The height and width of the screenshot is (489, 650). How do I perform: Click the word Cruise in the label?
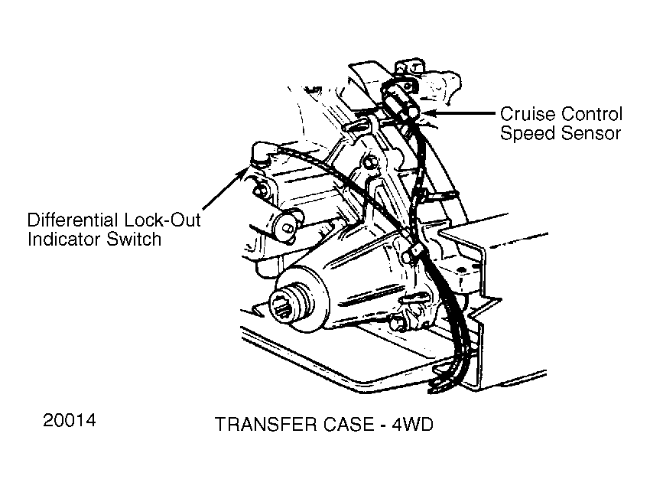[x=525, y=114]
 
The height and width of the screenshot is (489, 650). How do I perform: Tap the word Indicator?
[x=63, y=240]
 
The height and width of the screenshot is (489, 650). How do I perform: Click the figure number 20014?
[x=70, y=420]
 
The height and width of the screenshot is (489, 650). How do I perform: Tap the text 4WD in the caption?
[x=412, y=424]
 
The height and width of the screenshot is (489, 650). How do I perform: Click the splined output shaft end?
[x=287, y=307]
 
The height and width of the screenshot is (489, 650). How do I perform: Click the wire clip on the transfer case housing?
[x=414, y=250]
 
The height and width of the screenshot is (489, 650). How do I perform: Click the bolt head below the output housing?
[x=397, y=322]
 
